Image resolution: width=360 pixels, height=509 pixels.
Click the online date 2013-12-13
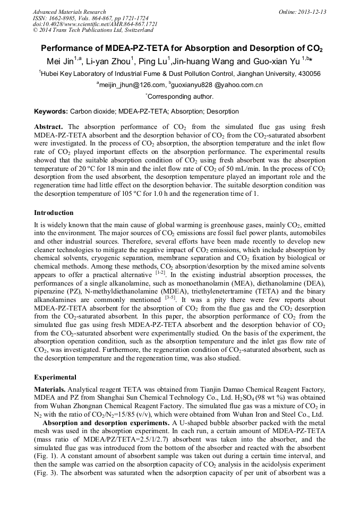point(312,12)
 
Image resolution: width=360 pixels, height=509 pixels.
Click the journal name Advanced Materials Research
point(69,12)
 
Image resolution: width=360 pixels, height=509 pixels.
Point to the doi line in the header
point(95,24)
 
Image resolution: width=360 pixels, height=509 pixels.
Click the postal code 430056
point(308,74)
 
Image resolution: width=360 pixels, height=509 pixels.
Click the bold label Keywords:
point(51,111)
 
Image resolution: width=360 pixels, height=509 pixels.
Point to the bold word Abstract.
point(49,127)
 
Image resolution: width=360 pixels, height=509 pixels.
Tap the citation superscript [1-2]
point(160,273)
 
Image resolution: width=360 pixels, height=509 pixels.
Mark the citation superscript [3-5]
point(170,298)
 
